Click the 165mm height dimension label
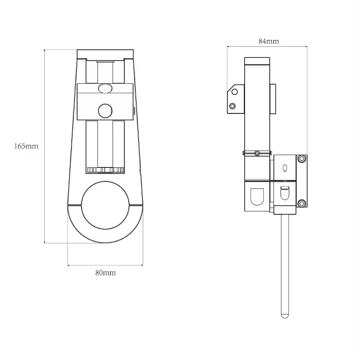[26, 147]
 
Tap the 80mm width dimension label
[105, 273]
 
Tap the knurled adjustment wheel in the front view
[105, 170]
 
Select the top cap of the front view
[105, 54]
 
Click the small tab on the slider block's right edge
[134, 111]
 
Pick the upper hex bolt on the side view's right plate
[302, 159]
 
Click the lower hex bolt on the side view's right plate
[302, 203]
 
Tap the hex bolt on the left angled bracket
[232, 106]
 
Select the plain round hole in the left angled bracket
[234, 92]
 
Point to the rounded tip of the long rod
[285, 316]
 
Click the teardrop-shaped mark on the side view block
[285, 168]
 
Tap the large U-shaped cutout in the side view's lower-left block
[257, 196]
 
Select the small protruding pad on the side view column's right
[273, 99]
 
